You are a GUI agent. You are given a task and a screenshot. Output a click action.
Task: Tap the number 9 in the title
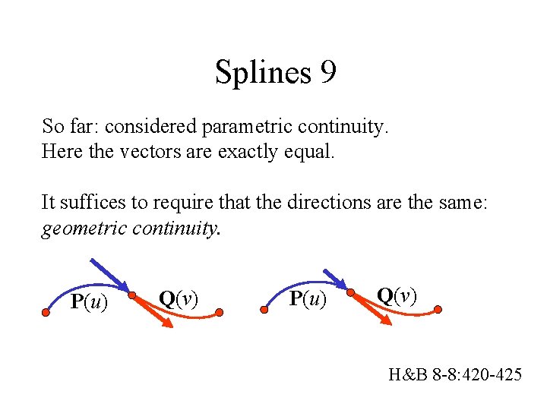328,73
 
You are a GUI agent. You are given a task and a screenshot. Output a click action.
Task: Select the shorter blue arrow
334,279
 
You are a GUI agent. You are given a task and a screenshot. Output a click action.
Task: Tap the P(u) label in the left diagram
89,302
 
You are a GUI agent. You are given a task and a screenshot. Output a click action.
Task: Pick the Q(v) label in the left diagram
178,298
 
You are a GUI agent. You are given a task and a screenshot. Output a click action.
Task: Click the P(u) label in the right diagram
308,300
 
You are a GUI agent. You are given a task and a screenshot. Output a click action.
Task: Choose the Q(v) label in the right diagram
397,295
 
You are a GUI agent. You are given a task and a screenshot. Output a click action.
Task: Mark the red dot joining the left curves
131,295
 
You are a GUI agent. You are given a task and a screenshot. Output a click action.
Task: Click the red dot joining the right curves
350,292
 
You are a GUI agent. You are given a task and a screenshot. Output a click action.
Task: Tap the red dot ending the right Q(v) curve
438,309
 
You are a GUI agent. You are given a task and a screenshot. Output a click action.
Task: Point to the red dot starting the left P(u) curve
46,312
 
